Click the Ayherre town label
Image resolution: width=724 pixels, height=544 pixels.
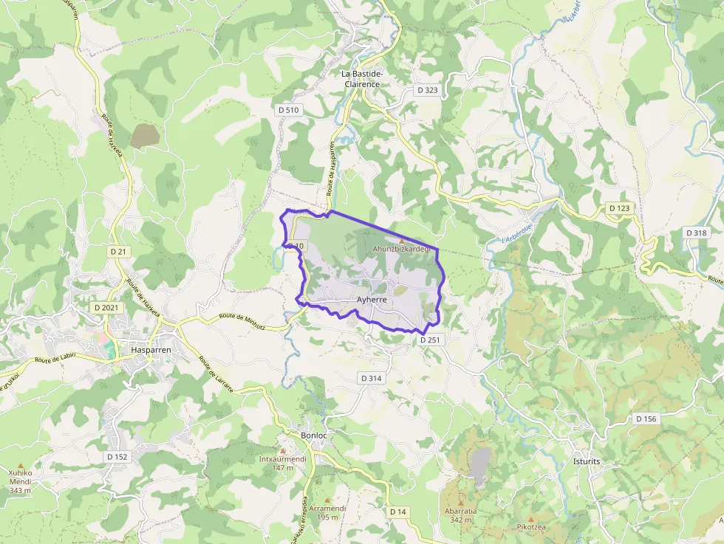coord(372,300)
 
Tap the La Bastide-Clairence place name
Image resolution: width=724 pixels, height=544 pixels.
coord(361,79)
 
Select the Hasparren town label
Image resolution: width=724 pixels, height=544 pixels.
coord(151,349)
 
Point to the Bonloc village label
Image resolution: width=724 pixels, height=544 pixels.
coord(314,435)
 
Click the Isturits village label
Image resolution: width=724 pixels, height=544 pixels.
coord(587,461)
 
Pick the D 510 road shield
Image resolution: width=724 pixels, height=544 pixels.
coord(289,110)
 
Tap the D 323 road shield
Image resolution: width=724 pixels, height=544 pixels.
coord(427,90)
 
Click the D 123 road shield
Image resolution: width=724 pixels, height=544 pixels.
coord(621,208)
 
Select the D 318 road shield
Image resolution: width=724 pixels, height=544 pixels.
coord(696,233)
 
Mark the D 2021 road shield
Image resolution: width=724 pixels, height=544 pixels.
coord(106,306)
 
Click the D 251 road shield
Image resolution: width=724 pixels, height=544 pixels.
coord(430,340)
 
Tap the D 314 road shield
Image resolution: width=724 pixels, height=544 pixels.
coord(372,378)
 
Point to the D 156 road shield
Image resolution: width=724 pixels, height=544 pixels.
coord(646,419)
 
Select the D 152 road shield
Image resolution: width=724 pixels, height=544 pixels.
coord(117,457)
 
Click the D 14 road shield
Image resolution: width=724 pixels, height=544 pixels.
coord(397,512)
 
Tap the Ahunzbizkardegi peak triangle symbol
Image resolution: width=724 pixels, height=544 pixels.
coord(402,241)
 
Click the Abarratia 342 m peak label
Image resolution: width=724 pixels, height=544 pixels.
coord(460,514)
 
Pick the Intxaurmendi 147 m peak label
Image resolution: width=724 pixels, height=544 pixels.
coord(282,463)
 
